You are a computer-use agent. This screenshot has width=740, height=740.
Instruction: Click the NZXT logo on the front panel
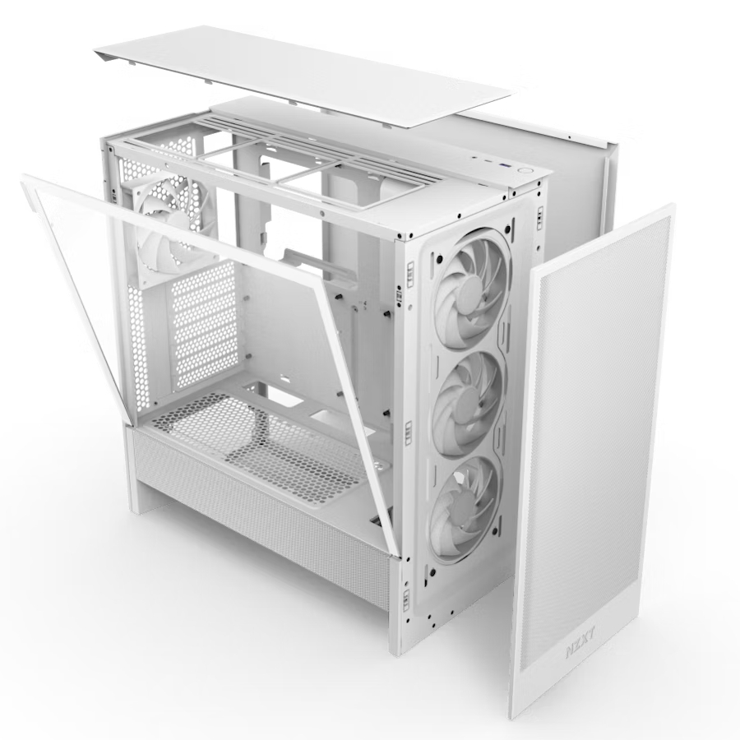580,649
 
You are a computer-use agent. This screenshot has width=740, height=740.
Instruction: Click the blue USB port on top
506,165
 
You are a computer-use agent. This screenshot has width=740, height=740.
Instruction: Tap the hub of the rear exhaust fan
166,222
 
